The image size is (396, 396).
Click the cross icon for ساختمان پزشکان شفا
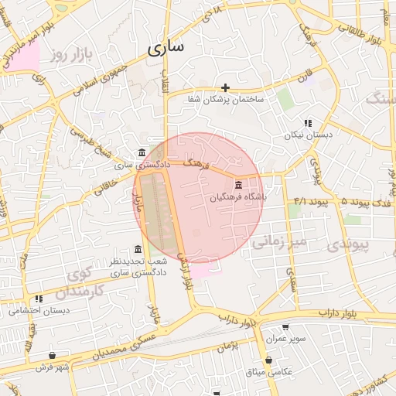pyautogui.click(x=225, y=87)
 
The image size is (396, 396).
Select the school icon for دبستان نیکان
pyautogui.click(x=308, y=123)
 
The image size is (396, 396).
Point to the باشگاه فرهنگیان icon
pyautogui.click(x=237, y=186)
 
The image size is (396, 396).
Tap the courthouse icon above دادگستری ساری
pyautogui.click(x=140, y=153)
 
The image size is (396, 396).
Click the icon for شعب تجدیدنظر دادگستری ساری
pyautogui.click(x=138, y=249)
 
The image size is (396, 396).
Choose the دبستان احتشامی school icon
pyautogui.click(x=39, y=299)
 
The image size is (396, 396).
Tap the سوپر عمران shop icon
pyautogui.click(x=286, y=328)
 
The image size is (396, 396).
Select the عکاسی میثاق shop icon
pyautogui.click(x=268, y=360)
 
